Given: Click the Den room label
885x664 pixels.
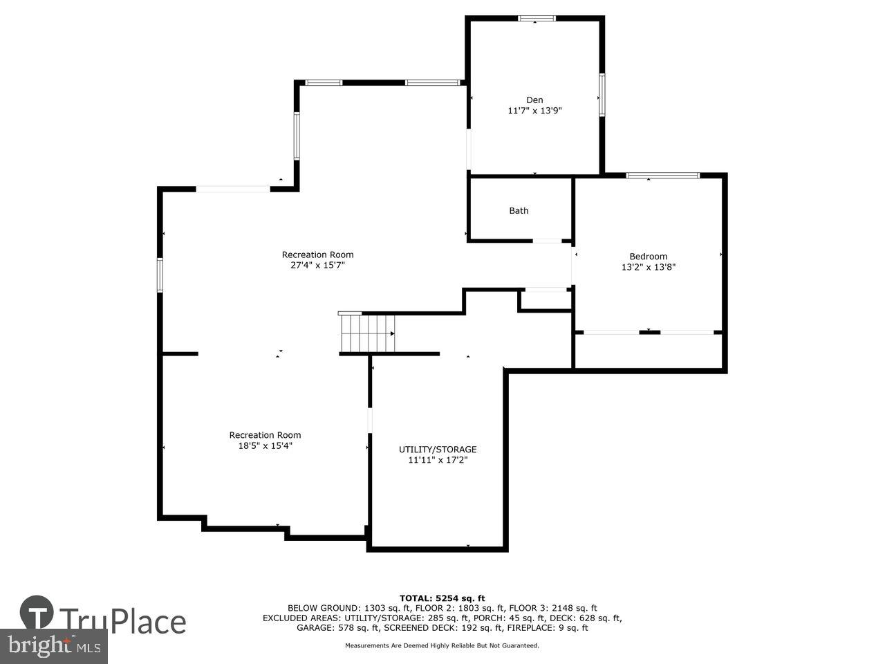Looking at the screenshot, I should (534, 100).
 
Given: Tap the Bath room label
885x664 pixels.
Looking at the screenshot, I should (519, 211).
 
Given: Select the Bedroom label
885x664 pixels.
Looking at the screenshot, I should (648, 257).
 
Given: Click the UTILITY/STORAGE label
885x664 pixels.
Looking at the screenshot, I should (438, 450).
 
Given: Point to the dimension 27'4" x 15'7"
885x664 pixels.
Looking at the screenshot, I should (317, 265).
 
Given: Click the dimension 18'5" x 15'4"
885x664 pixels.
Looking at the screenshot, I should (265, 445).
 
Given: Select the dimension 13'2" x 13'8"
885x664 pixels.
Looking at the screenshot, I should (648, 267).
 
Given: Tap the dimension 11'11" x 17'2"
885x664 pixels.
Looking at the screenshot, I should (438, 460).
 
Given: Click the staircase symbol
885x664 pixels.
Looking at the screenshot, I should (366, 333).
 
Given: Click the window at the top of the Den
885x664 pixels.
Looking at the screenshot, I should (537, 19).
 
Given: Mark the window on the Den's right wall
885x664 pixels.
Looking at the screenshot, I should (602, 94).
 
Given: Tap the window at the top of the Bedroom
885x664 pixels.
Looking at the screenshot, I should (662, 176).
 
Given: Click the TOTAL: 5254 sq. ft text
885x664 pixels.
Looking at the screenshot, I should (442, 598).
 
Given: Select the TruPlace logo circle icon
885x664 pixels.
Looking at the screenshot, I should (37, 614).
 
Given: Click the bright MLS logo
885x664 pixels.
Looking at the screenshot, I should (53, 647).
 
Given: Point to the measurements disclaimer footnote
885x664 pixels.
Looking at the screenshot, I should (442, 646).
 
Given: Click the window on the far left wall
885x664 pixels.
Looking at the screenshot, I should (160, 274).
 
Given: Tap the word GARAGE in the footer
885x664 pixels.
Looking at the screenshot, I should (315, 628).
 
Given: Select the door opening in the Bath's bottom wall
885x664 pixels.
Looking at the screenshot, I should (547, 241).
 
